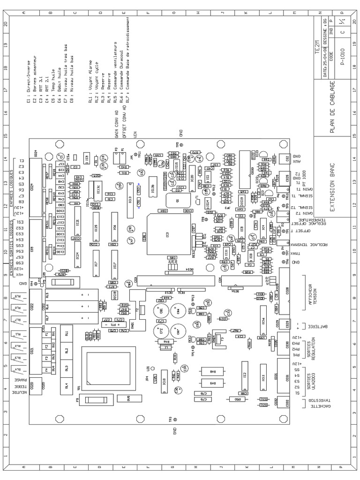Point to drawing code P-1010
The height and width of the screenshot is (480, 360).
pos(344,59)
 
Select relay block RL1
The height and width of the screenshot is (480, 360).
pos(67,334)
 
